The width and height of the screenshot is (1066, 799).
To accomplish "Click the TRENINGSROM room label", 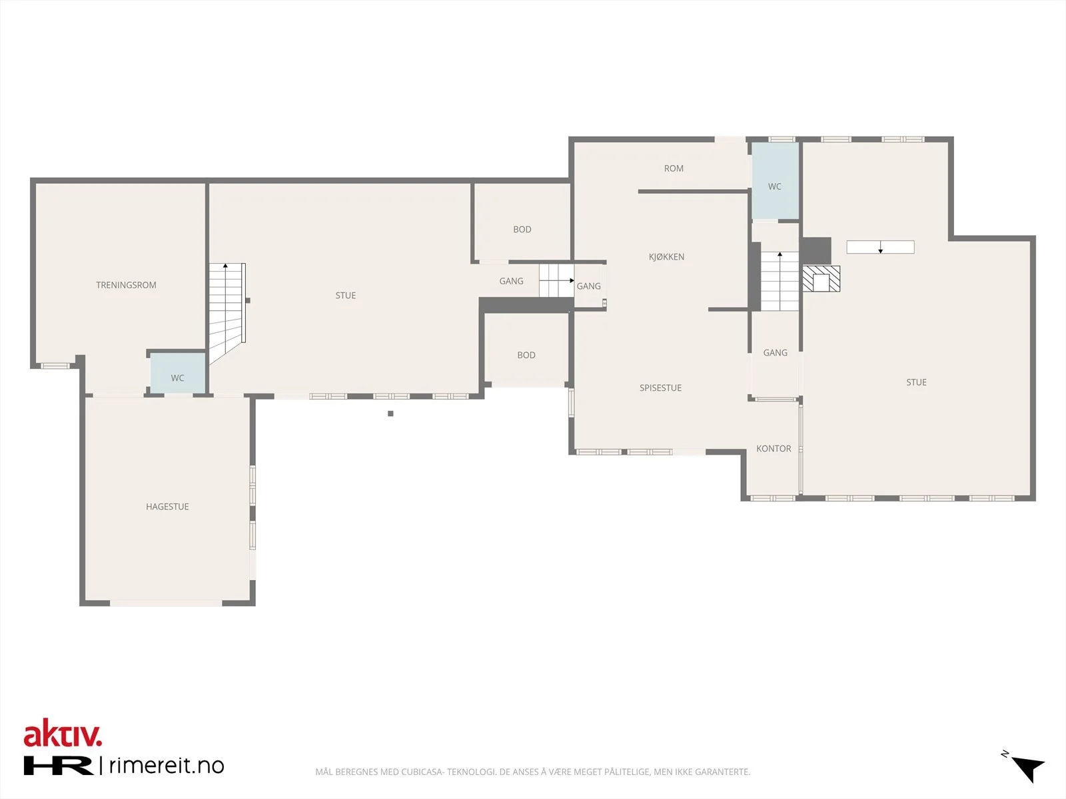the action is (127, 285).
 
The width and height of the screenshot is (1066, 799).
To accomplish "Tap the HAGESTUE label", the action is (167, 507).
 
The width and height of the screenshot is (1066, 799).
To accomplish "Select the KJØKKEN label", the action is (667, 256).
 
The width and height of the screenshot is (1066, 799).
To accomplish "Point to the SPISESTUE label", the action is (660, 388).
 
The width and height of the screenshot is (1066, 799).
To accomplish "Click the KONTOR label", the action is (774, 449).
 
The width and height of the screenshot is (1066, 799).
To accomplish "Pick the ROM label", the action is (674, 168).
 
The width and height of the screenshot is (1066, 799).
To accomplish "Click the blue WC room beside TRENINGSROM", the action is (178, 373).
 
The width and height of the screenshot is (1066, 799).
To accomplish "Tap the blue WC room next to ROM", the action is (775, 180).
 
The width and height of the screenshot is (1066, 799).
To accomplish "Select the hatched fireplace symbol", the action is (821, 278).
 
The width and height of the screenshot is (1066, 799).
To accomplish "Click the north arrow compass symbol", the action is (1025, 767).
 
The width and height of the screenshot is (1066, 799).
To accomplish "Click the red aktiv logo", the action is (63, 733).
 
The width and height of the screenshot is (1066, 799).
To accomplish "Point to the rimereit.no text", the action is (167, 766).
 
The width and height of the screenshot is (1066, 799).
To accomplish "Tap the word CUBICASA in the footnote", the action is (422, 772).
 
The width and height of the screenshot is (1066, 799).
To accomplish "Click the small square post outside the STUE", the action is (390, 413).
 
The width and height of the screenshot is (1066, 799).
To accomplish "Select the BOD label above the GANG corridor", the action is (522, 230).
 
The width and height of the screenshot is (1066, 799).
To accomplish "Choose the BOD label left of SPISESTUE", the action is (526, 355).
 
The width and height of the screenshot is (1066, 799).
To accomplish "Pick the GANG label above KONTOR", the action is (775, 353).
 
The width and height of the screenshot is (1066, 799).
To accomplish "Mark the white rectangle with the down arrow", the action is (881, 247).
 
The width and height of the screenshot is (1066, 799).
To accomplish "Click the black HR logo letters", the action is (58, 766).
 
